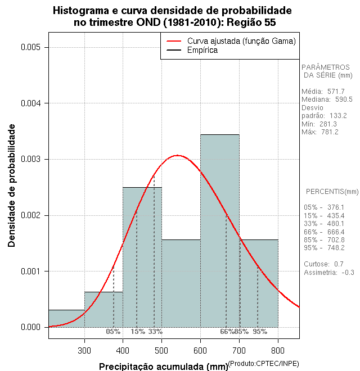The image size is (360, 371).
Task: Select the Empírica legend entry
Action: click(202, 50)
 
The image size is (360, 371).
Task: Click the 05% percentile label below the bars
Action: click(113, 332)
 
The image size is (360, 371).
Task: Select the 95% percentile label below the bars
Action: click(260, 332)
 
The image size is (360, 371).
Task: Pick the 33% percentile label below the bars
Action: click(155, 332)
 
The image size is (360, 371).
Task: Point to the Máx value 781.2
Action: click(330, 132)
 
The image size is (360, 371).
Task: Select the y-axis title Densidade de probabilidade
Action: click(12, 185)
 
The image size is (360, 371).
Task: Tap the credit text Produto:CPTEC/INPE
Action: click(263, 364)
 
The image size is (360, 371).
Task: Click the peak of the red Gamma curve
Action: click(178, 155)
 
